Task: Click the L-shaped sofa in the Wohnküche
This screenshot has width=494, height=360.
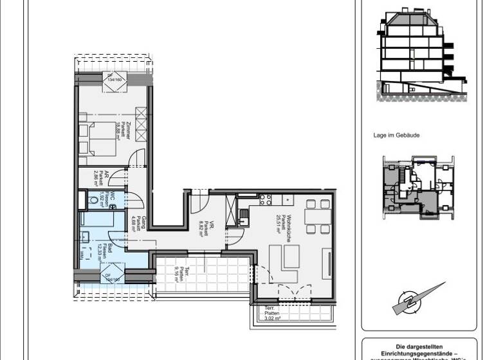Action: (287, 264)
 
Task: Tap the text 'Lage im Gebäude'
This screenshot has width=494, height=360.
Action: (394, 136)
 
